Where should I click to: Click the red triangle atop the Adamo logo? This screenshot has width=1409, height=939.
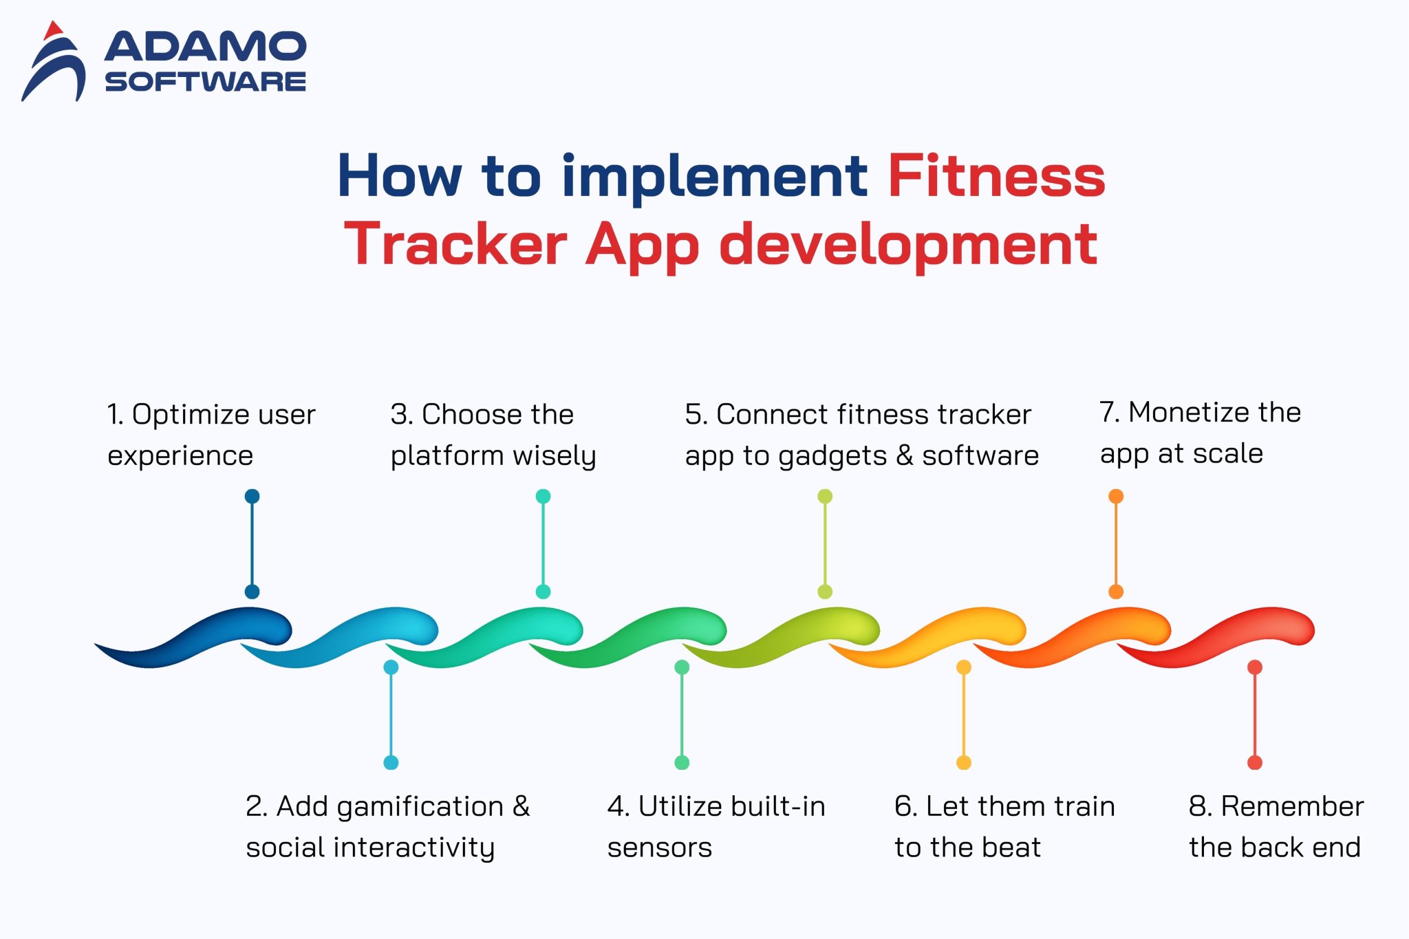(53, 31)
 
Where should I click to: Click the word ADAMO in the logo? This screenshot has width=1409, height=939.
(205, 47)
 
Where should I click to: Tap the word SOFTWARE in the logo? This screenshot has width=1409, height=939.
(205, 82)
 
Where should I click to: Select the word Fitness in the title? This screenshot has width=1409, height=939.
(996, 176)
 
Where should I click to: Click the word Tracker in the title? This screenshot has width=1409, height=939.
(455, 244)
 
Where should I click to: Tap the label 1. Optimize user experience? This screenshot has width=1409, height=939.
(211, 435)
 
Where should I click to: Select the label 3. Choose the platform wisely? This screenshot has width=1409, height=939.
(493, 435)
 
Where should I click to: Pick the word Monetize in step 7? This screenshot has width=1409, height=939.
(1189, 413)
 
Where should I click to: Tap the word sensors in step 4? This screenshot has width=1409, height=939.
(659, 848)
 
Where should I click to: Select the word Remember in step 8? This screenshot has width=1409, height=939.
(1292, 806)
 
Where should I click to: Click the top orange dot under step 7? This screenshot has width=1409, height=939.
(1116, 496)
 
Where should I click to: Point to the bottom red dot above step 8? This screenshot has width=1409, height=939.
(1255, 762)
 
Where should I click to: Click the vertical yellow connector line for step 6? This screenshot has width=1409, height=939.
(964, 715)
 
